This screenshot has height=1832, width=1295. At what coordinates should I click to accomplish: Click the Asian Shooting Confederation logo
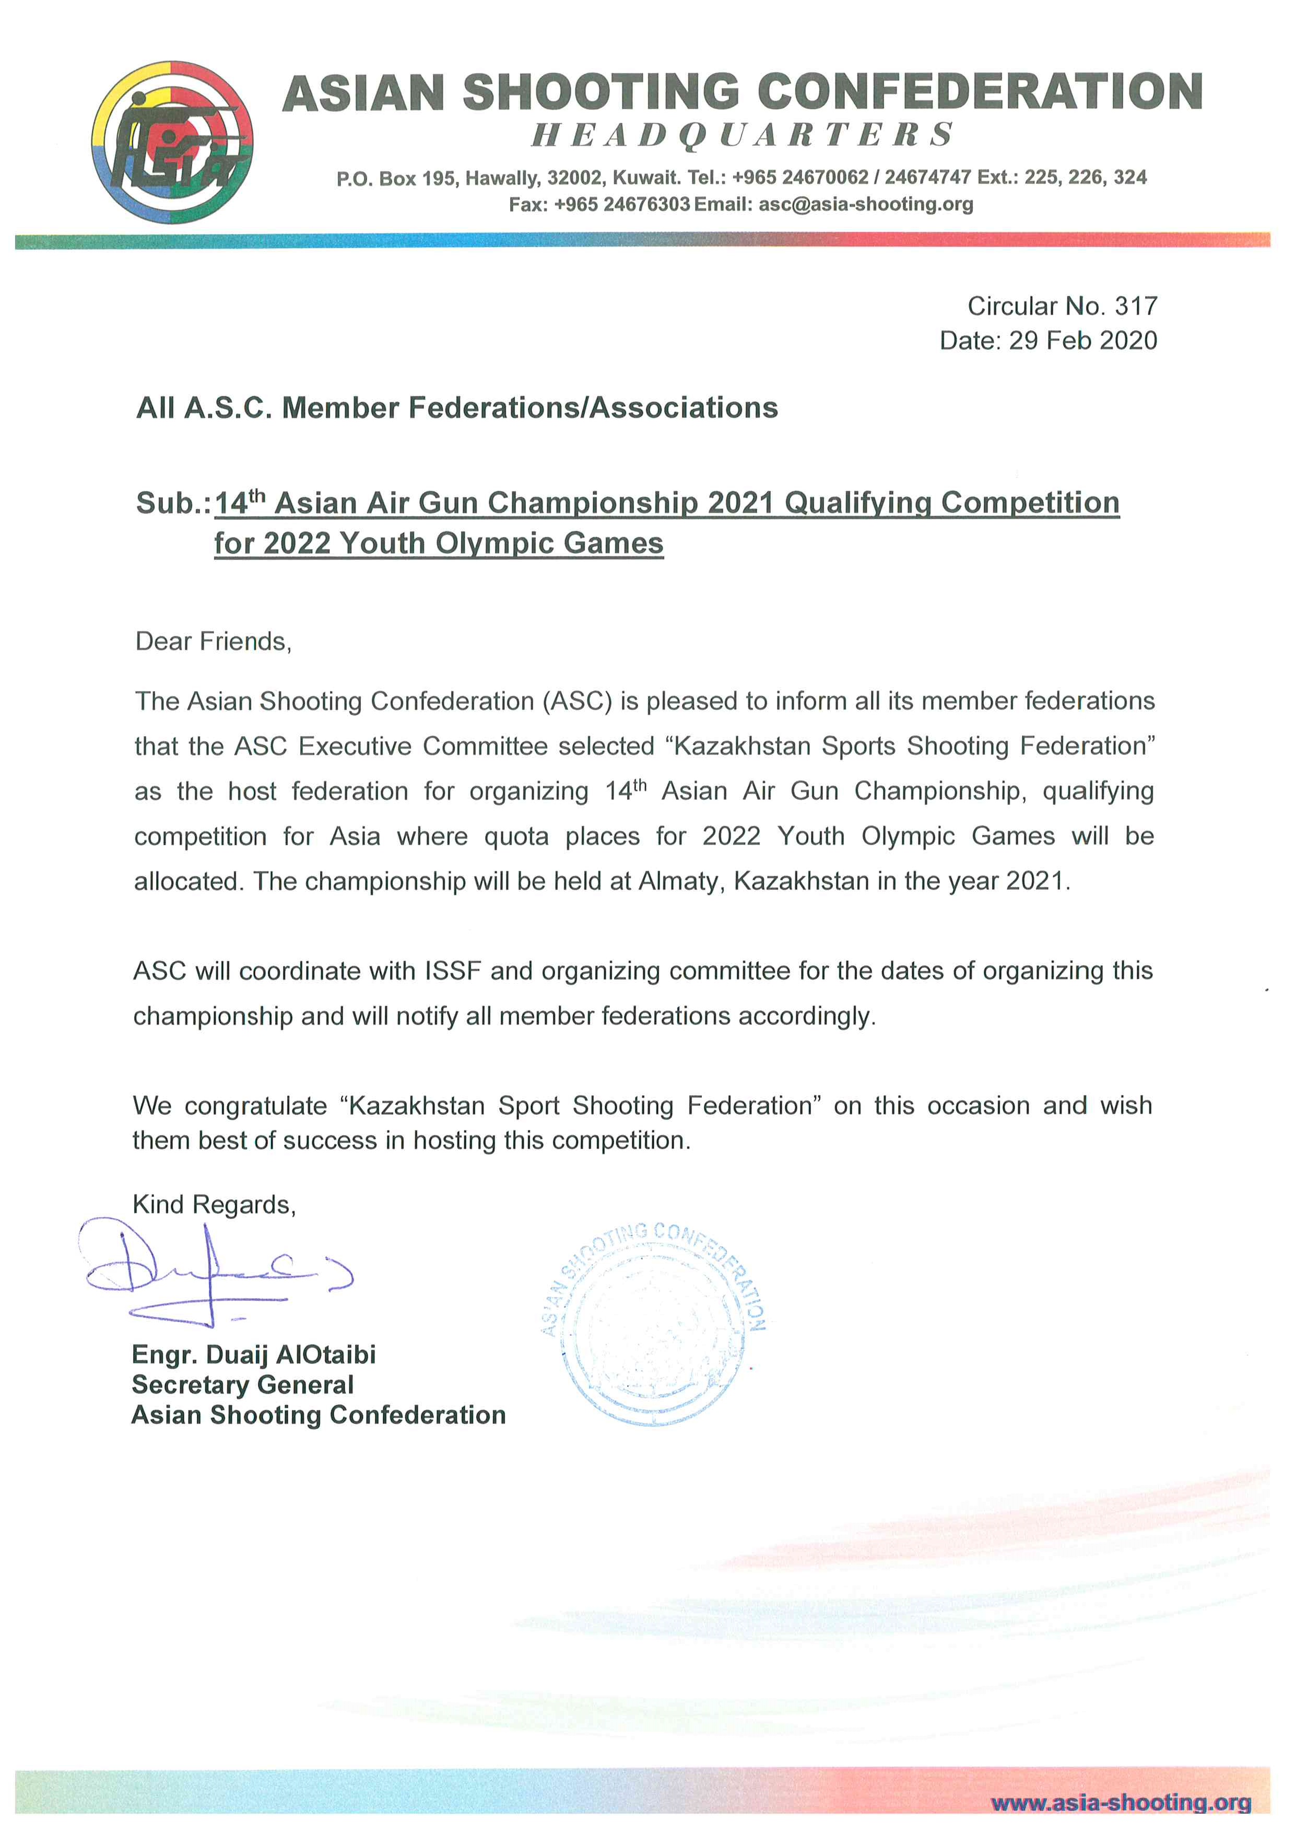(x=173, y=142)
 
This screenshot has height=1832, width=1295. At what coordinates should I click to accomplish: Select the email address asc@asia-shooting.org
(x=865, y=204)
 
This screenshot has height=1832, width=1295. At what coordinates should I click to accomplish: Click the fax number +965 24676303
(x=621, y=204)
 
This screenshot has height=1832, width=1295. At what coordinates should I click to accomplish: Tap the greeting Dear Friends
(x=213, y=641)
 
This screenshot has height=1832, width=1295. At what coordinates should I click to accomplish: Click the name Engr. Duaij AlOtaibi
(x=254, y=1355)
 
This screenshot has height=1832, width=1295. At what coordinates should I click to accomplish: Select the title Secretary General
(x=242, y=1385)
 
